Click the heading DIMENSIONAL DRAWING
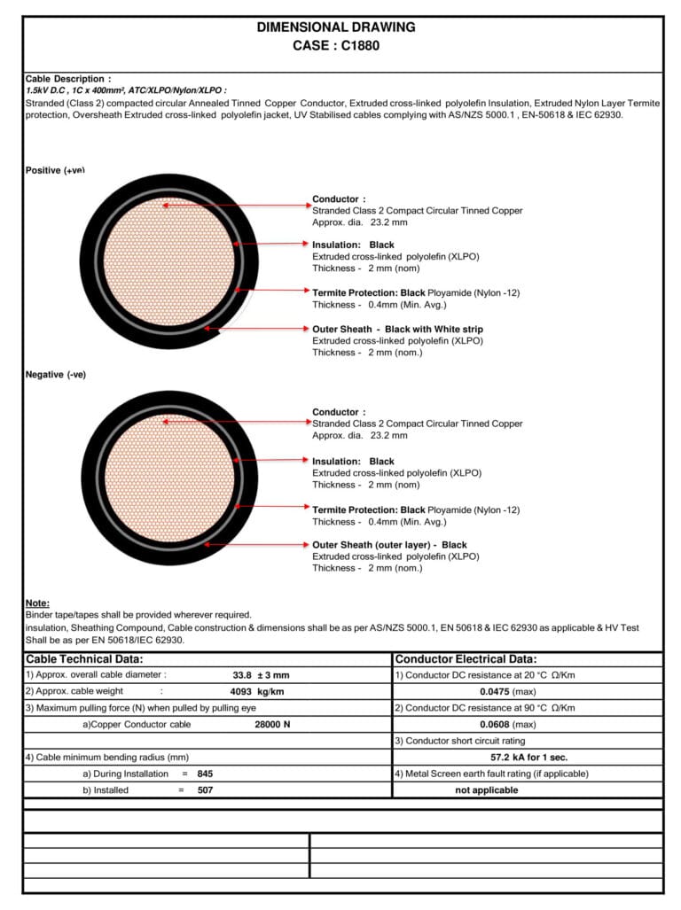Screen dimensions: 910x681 coord(336,27)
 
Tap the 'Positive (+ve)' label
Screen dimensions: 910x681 coord(55,170)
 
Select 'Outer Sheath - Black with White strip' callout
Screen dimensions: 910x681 coord(397,329)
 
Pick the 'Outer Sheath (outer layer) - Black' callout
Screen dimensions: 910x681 coord(389,545)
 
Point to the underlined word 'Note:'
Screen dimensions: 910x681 coord(37,603)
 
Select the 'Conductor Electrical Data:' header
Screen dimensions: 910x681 coord(466,659)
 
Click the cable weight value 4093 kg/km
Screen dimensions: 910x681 coord(256,691)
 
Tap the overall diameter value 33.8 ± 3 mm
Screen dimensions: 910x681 coord(261,675)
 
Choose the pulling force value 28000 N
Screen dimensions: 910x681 coord(272,724)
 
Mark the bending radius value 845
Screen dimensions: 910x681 coord(205,774)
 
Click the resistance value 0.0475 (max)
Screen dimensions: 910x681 coord(507,691)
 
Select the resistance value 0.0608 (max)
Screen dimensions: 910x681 coord(507,724)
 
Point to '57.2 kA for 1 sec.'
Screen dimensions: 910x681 coord(528,757)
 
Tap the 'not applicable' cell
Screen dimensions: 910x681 coord(486,789)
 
